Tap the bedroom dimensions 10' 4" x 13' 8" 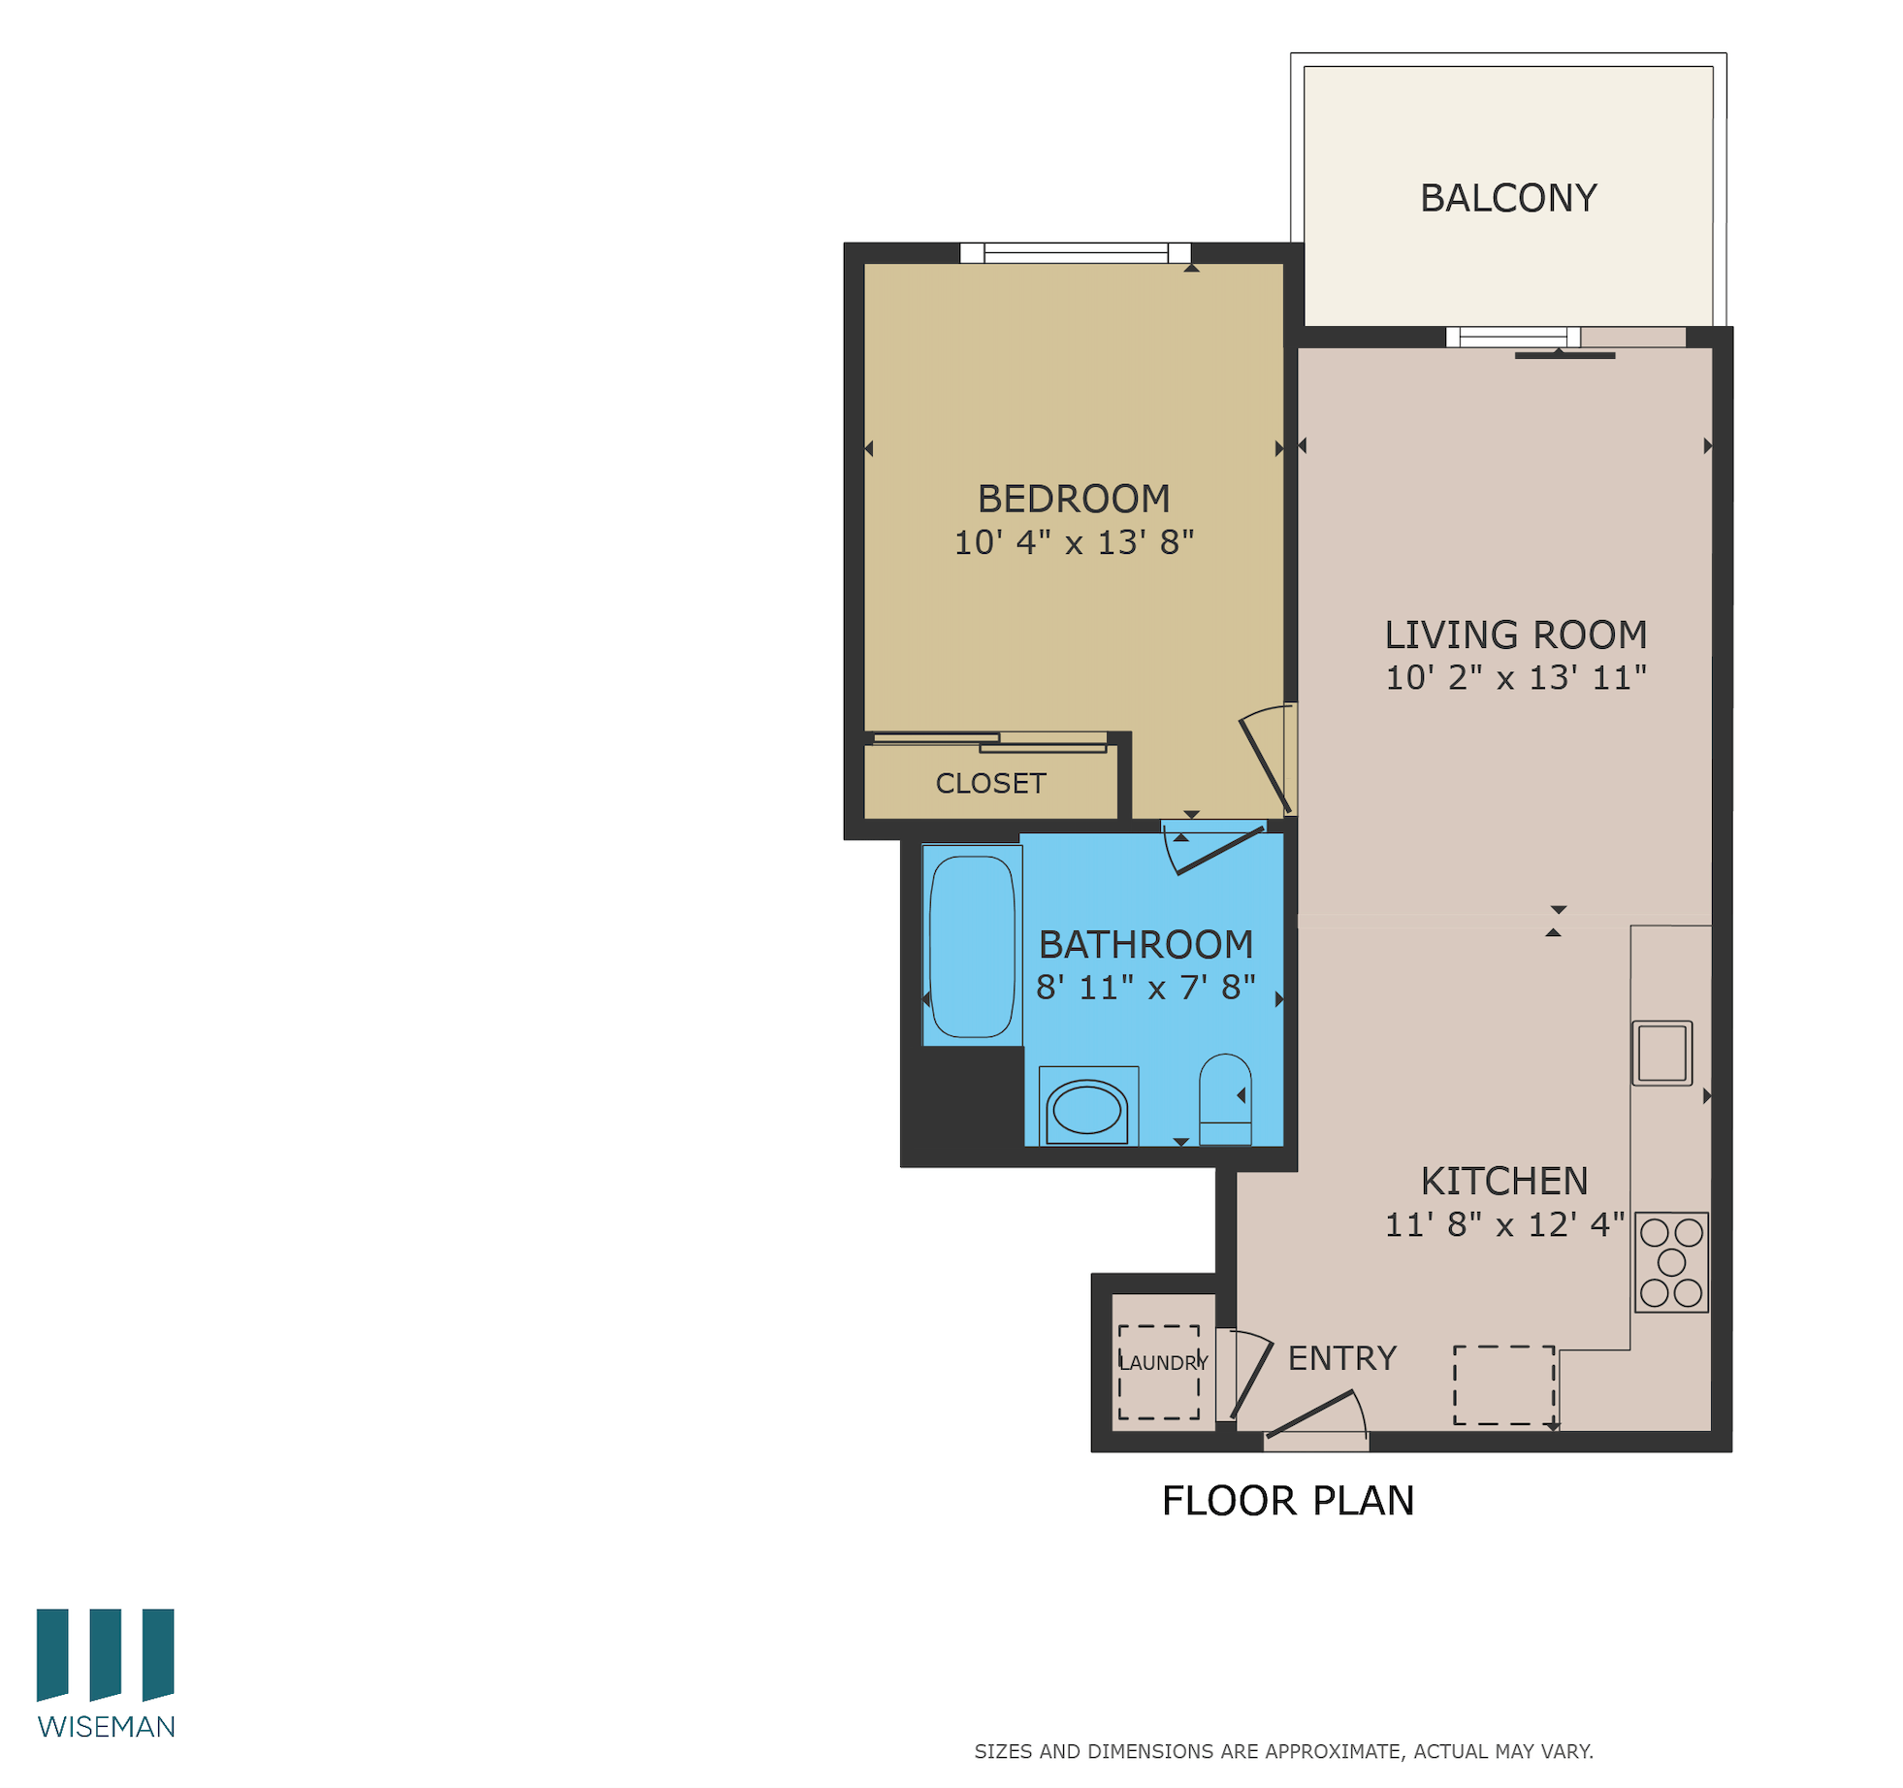(x=1073, y=541)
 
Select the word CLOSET (x=989, y=783)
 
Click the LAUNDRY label (x=1162, y=1362)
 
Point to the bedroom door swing (x=1266, y=762)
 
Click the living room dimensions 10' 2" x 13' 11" (x=1514, y=677)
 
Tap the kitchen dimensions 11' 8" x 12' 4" (x=1502, y=1224)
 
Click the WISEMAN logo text (x=106, y=1727)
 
